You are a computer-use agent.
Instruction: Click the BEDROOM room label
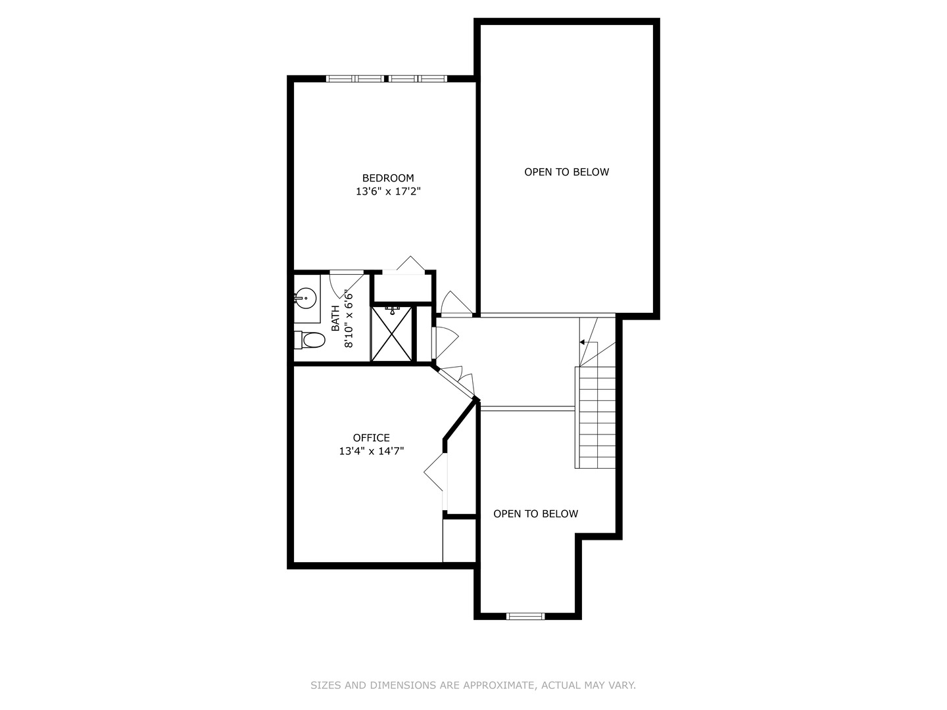pyautogui.click(x=388, y=178)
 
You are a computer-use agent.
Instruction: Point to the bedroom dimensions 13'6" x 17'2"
pyautogui.click(x=388, y=192)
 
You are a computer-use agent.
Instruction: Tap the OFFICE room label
pyautogui.click(x=371, y=438)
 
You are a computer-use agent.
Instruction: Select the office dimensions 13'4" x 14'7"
pyautogui.click(x=371, y=452)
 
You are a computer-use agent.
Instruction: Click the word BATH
pyautogui.click(x=335, y=318)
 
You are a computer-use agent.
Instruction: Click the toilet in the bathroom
pyautogui.click(x=310, y=340)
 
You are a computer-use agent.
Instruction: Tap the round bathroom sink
pyautogui.click(x=304, y=299)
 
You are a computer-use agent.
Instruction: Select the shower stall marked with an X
pyautogui.click(x=391, y=333)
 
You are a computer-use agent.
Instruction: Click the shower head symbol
pyautogui.click(x=393, y=309)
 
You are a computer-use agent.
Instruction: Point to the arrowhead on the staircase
pyautogui.click(x=583, y=343)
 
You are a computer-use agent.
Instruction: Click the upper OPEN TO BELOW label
pyautogui.click(x=566, y=172)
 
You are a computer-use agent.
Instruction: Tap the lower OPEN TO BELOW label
pyautogui.click(x=535, y=514)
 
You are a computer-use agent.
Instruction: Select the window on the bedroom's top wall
pyautogui.click(x=386, y=79)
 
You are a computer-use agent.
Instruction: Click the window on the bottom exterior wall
pyautogui.click(x=525, y=616)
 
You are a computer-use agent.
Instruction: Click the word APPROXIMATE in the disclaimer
pyautogui.click(x=498, y=685)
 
